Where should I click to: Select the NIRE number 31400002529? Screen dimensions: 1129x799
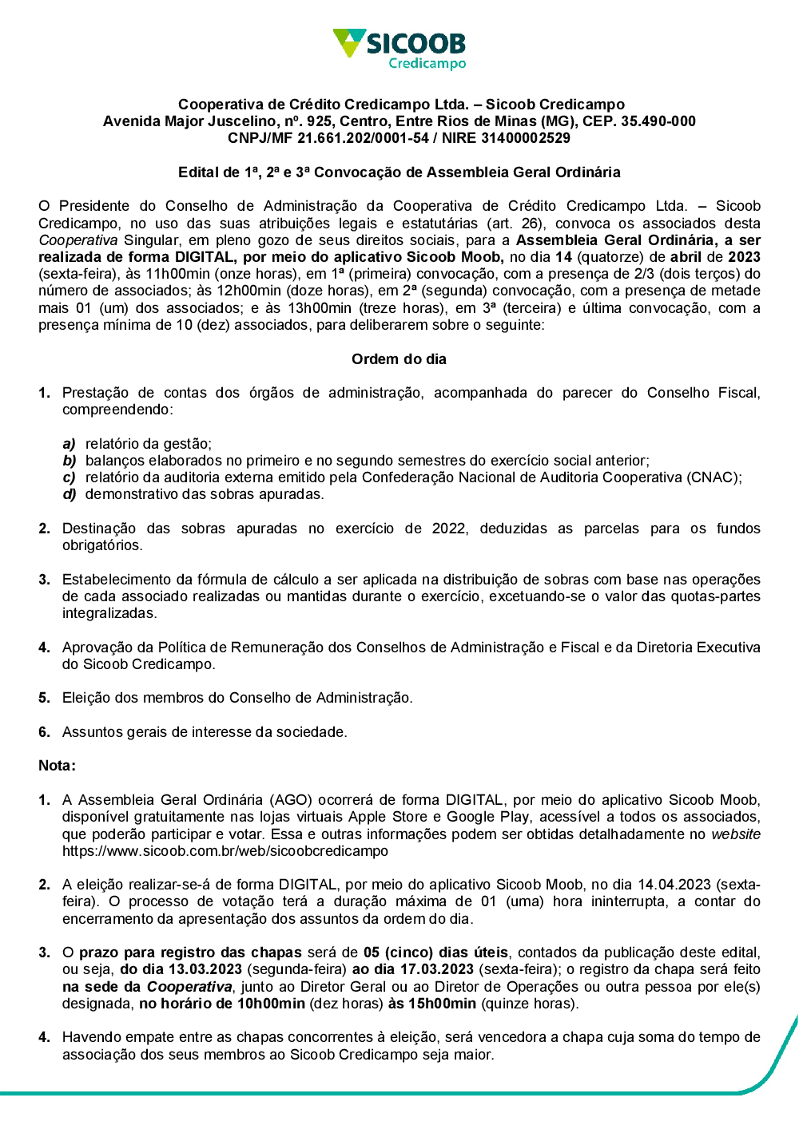[526, 138]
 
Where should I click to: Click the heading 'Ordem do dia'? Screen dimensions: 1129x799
[399, 359]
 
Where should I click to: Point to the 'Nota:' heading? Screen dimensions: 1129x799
[57, 766]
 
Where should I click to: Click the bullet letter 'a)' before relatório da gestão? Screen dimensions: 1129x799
[70, 444]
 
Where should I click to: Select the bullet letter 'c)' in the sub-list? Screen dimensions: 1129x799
[70, 477]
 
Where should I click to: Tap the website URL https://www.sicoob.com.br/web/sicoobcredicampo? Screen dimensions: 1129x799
[225, 851]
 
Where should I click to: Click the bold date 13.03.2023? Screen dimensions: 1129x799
[205, 969]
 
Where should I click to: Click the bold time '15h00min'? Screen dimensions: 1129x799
[443, 1004]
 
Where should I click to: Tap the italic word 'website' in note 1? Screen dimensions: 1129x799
[736, 834]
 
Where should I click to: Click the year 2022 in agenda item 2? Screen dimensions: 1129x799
[449, 529]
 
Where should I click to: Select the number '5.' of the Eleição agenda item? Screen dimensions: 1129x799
[45, 698]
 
